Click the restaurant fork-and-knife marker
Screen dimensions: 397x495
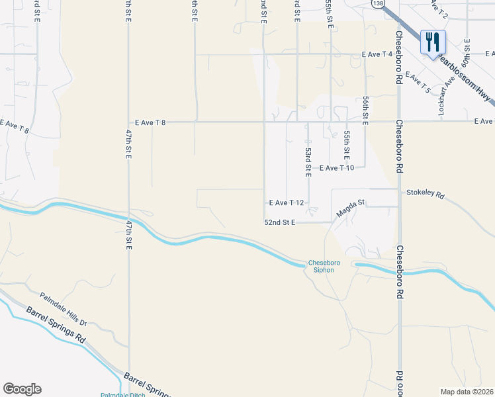pyautogui.click(x=433, y=42)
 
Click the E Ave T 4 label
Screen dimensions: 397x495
pyautogui.click(x=377, y=54)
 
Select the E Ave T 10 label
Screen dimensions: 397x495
pyautogui.click(x=337, y=168)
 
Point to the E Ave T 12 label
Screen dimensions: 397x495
pyautogui.click(x=286, y=203)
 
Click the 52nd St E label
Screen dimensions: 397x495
pyautogui.click(x=279, y=223)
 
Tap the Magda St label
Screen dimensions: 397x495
pyautogui.click(x=351, y=208)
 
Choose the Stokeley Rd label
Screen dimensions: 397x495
pyautogui.click(x=426, y=197)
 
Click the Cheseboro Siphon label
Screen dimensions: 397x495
pyautogui.click(x=324, y=266)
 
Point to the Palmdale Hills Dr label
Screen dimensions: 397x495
pyautogui.click(x=64, y=309)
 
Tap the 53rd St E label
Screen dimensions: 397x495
pyautogui.click(x=308, y=161)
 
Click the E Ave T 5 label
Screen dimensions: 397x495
pyautogui.click(x=418, y=82)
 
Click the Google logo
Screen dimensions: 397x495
pyautogui.click(x=22, y=389)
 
